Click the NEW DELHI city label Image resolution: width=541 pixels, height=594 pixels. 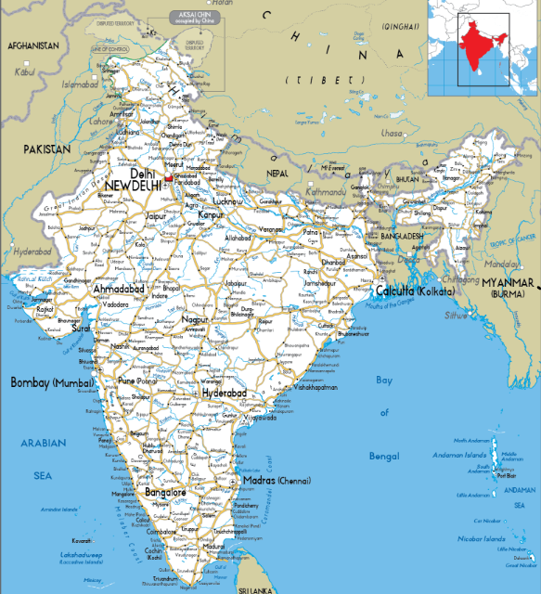click(x=133, y=187)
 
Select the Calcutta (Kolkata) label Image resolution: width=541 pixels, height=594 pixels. click(x=415, y=291)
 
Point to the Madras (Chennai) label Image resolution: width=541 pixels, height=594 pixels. click(x=276, y=481)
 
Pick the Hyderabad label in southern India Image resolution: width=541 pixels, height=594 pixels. click(x=225, y=394)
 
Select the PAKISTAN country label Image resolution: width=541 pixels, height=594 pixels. click(x=47, y=148)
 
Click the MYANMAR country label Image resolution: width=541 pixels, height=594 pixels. click(x=509, y=282)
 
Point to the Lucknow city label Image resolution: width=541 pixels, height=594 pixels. click(x=227, y=200)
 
